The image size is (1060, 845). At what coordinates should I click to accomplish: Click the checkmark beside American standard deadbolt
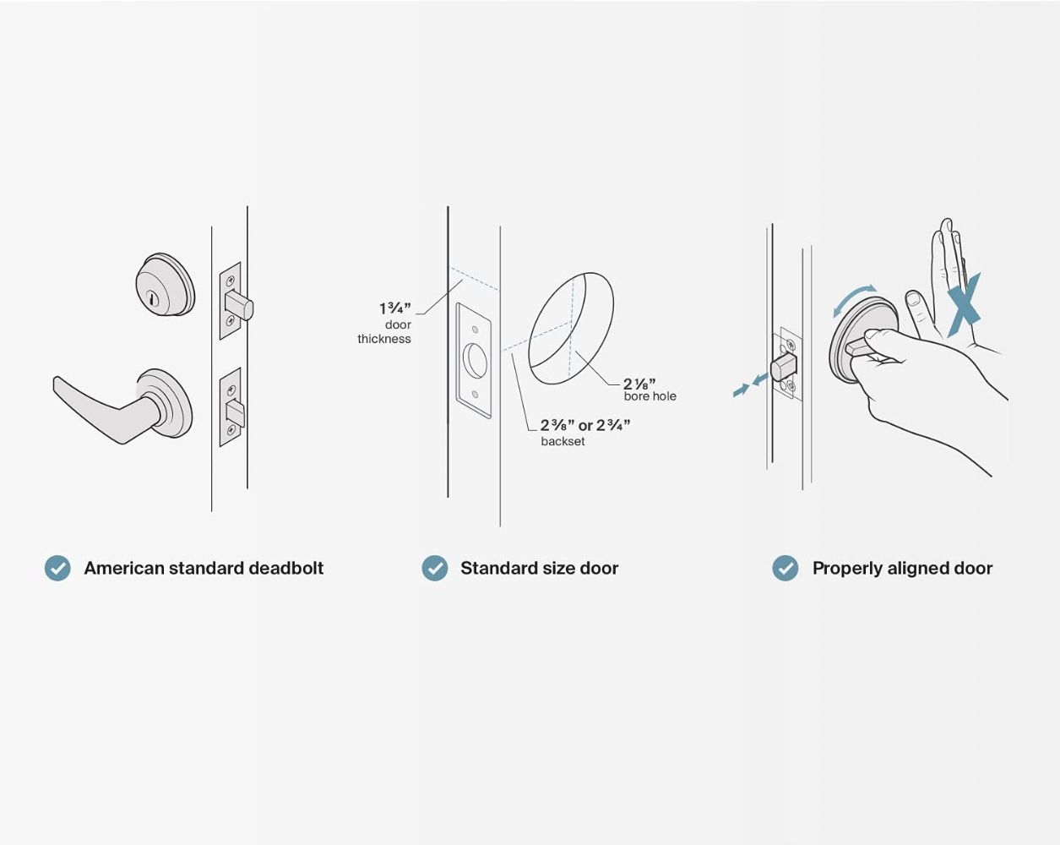click(57, 569)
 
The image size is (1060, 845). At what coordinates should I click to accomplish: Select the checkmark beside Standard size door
click(435, 569)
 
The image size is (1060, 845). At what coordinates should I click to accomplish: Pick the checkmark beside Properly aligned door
click(785, 569)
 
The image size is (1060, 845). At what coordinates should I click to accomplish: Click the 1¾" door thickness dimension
click(394, 308)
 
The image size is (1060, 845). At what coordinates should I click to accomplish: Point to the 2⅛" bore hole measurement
click(639, 384)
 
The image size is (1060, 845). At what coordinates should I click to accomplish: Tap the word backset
click(563, 441)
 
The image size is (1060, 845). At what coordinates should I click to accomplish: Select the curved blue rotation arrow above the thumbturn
click(854, 298)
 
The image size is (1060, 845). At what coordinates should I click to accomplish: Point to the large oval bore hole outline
click(571, 328)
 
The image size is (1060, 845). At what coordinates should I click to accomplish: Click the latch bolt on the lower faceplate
click(236, 414)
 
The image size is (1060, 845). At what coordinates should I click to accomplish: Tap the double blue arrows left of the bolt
click(751, 384)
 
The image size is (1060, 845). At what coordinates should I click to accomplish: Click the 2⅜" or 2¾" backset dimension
click(585, 425)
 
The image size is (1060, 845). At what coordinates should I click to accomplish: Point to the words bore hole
click(650, 396)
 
